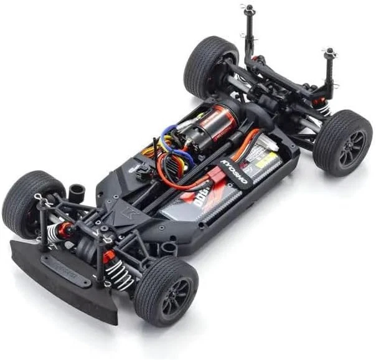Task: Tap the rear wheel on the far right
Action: (x=342, y=143)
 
